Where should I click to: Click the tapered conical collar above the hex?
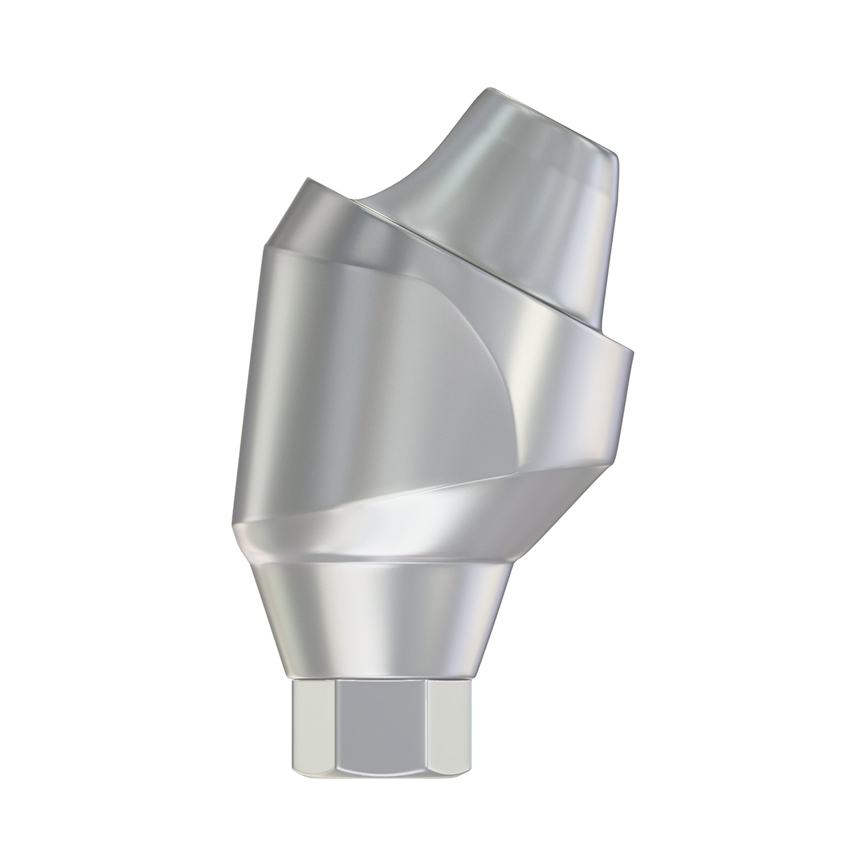pyautogui.click(x=381, y=627)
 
